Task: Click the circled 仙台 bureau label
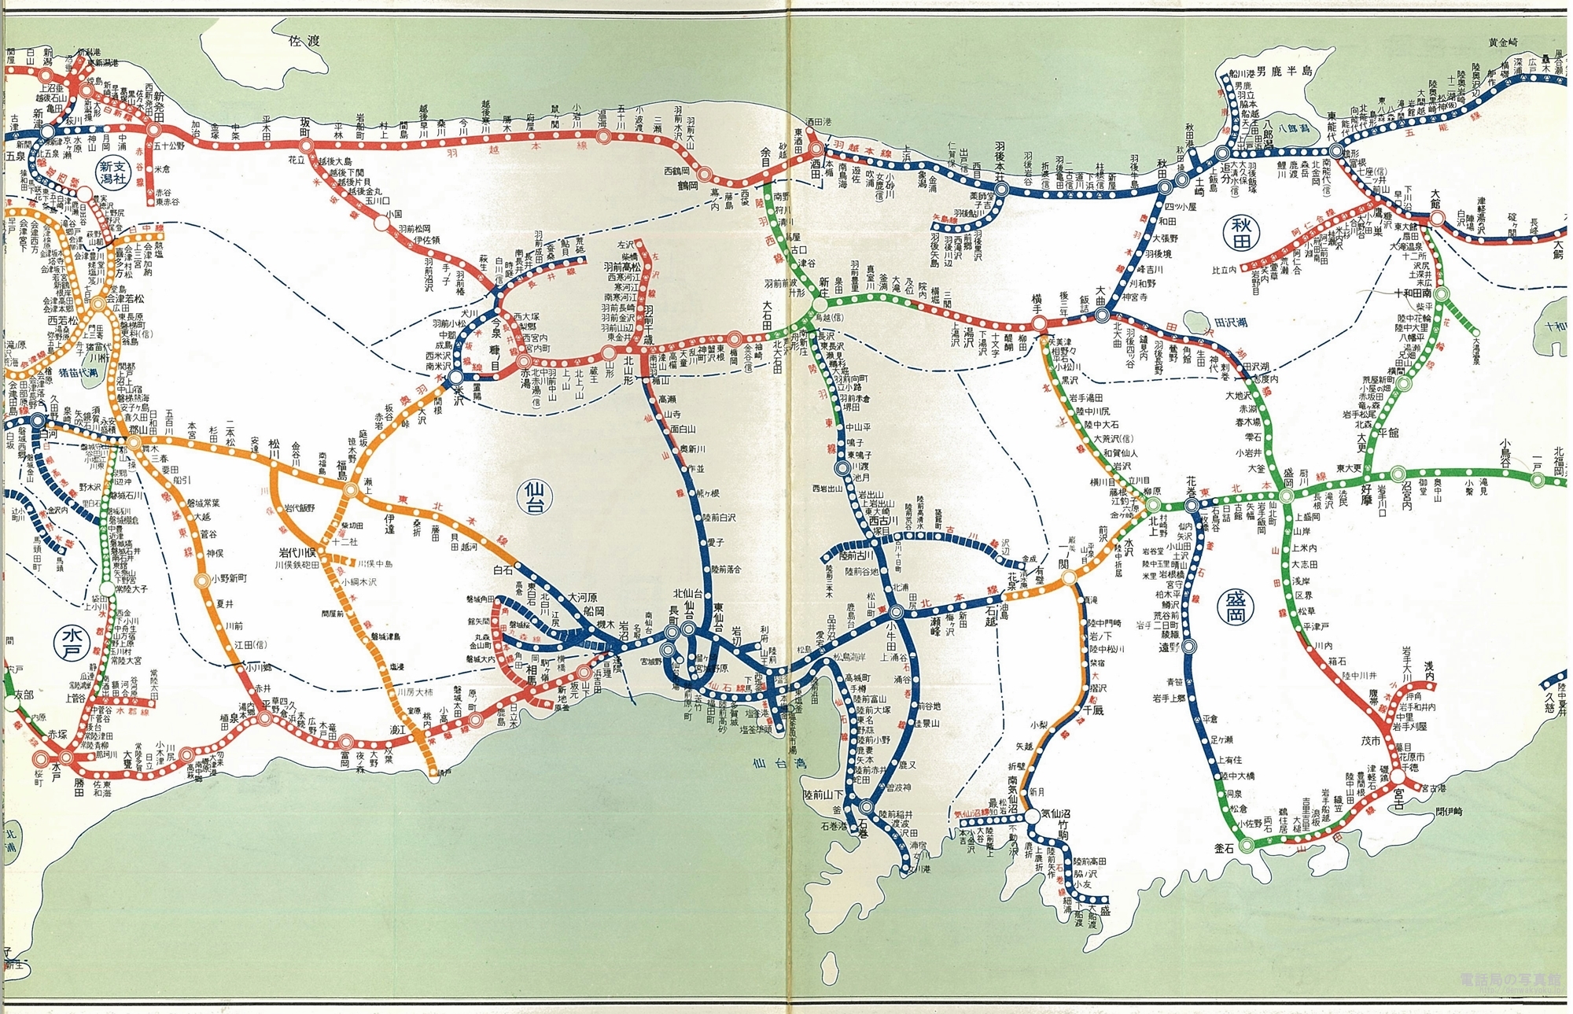pos(538,496)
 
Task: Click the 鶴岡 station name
pos(689,186)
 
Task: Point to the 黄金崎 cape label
pos(1504,42)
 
